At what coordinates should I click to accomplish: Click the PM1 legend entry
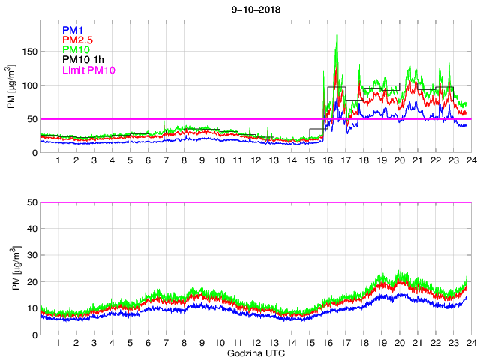click(x=73, y=30)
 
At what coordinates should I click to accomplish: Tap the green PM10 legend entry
click(x=75, y=49)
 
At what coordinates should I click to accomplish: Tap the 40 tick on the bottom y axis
click(x=32, y=229)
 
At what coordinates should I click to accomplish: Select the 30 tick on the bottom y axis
click(x=32, y=255)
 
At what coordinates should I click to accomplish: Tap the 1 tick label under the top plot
click(x=58, y=161)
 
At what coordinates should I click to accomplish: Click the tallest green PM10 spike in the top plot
click(x=337, y=35)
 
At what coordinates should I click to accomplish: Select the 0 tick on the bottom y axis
click(x=34, y=334)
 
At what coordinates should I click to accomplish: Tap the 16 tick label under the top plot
click(x=327, y=161)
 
